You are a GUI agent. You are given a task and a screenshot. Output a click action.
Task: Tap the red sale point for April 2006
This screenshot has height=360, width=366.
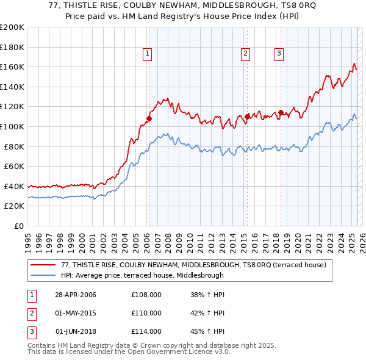149,118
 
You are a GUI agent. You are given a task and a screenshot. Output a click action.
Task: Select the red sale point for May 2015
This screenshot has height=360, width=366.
247,116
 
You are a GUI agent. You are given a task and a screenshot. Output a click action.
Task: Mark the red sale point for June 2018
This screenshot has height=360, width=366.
281,112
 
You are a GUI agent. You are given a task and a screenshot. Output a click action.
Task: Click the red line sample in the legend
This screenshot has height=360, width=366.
44,265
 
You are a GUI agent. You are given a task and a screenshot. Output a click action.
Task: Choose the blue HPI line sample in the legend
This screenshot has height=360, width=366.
44,275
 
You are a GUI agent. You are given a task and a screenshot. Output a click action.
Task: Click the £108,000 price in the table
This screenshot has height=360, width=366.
146,295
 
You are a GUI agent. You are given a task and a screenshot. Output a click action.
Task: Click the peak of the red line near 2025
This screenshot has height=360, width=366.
354,63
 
